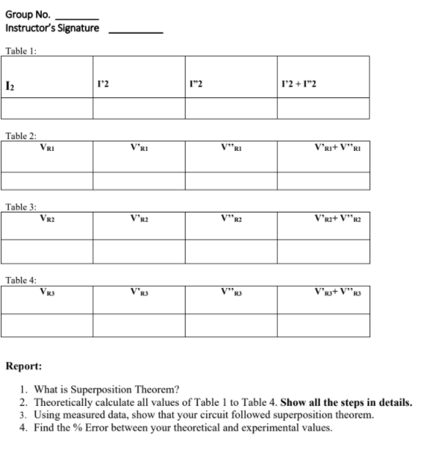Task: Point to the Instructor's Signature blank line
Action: tap(135, 31)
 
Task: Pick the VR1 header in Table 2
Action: tap(48, 147)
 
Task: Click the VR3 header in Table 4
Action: tap(48, 291)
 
